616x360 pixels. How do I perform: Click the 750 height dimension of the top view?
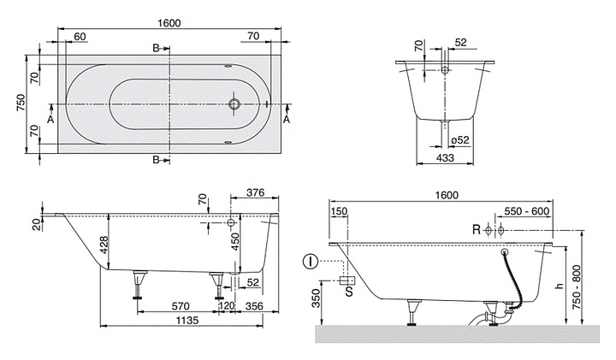pyautogui.click(x=21, y=103)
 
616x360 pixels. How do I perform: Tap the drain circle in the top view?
pyautogui.click(x=234, y=104)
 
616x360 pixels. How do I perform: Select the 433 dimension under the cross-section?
pyautogui.click(x=445, y=157)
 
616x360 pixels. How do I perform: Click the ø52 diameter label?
pyautogui.click(x=460, y=139)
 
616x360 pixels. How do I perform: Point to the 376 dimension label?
pyautogui.click(x=255, y=192)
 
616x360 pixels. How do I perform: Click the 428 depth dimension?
pyautogui.click(x=104, y=245)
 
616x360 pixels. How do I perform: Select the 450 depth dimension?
pyautogui.click(x=235, y=242)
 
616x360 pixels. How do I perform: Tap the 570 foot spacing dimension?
pyautogui.click(x=181, y=305)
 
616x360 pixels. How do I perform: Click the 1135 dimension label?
pyautogui.click(x=187, y=321)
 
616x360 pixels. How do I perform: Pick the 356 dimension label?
pyautogui.click(x=254, y=305)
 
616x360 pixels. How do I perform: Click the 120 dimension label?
pyautogui.click(x=227, y=305)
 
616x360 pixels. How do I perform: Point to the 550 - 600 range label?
pyautogui.click(x=526, y=211)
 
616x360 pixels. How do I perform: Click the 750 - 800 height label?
pyautogui.click(x=577, y=287)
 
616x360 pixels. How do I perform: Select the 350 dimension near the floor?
pyautogui.click(x=317, y=299)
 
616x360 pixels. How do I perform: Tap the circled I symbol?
pyautogui.click(x=311, y=261)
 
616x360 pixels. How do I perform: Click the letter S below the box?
pyautogui.click(x=349, y=292)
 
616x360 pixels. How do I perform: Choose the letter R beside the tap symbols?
pyautogui.click(x=477, y=230)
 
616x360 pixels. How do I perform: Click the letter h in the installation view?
pyautogui.click(x=560, y=286)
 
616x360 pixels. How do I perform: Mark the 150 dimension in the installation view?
pyautogui.click(x=339, y=211)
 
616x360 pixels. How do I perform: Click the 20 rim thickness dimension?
pyautogui.click(x=36, y=225)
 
